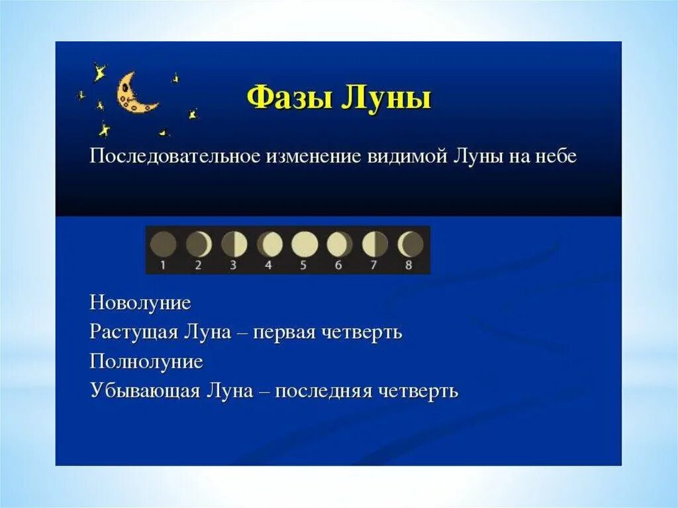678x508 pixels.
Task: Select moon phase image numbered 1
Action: tap(163, 244)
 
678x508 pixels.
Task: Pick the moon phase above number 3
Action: tap(234, 244)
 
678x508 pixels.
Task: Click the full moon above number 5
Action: tap(305, 244)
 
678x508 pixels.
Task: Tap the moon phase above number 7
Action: tap(375, 244)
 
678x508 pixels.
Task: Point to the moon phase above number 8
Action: tap(411, 244)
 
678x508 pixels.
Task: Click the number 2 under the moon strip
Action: tap(198, 266)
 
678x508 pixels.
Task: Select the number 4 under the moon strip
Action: tap(269, 266)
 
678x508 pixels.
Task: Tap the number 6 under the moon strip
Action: tap(340, 266)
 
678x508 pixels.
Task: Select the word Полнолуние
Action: tap(146, 362)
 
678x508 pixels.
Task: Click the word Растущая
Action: tap(130, 332)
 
